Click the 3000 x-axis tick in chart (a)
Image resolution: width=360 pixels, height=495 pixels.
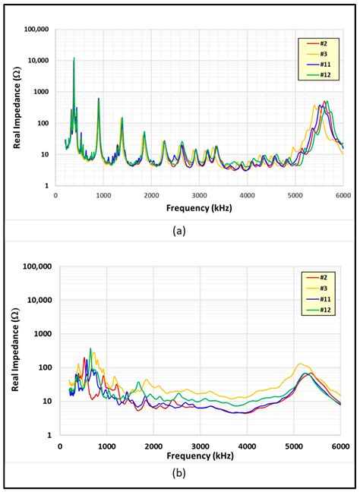pos(200,194)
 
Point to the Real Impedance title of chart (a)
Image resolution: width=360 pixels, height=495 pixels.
pos(16,106)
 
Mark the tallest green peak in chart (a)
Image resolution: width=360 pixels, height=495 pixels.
pos(74,58)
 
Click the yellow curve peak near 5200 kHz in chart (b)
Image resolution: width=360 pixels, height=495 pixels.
pos(301,364)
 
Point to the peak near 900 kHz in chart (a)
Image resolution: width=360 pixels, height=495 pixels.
pos(98,99)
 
